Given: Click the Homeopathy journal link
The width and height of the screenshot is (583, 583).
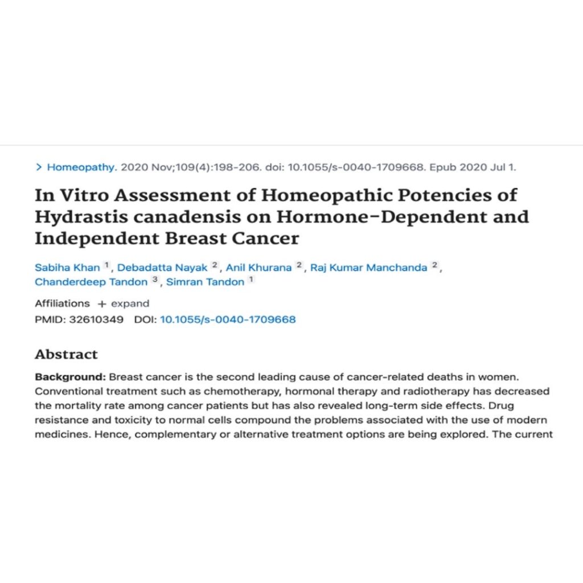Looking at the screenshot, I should (x=81, y=167).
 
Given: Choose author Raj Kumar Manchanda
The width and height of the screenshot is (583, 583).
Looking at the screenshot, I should (x=368, y=268).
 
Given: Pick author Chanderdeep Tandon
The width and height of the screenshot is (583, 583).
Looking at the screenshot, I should (x=91, y=282).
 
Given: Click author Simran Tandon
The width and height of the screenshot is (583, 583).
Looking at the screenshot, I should (x=205, y=282).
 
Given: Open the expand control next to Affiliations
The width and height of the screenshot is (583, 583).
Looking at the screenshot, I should (x=124, y=303).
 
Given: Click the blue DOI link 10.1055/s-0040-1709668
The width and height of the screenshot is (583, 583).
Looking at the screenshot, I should (x=228, y=319).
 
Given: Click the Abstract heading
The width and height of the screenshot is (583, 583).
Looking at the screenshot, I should (x=66, y=354).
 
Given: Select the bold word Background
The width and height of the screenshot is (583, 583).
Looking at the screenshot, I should (x=69, y=377).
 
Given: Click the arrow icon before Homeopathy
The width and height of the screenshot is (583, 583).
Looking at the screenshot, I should (x=39, y=167).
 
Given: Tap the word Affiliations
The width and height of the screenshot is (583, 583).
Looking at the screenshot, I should (x=62, y=303).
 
